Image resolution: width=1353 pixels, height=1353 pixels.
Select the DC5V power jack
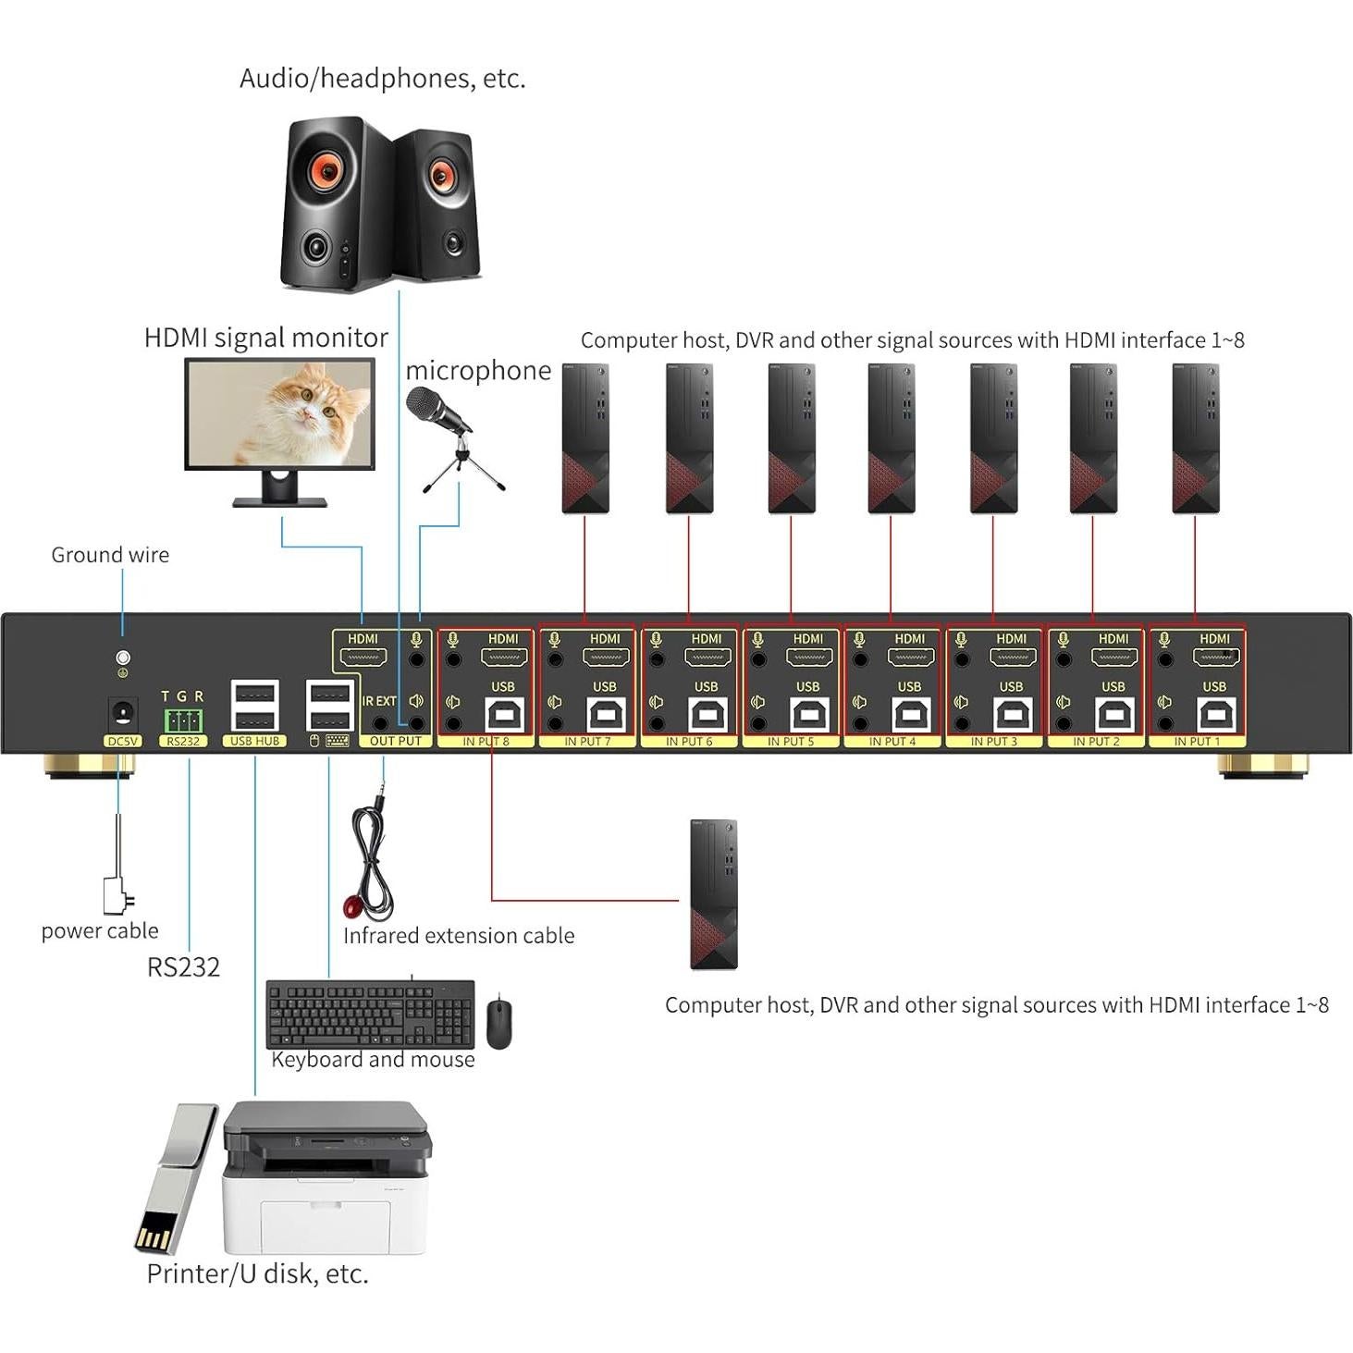click(122, 714)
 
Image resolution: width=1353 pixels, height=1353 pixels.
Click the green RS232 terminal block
click(183, 720)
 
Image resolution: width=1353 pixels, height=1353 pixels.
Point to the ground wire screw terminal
click(122, 658)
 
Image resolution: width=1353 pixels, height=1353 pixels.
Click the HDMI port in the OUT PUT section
click(363, 658)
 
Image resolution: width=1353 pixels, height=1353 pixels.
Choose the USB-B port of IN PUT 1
click(1214, 714)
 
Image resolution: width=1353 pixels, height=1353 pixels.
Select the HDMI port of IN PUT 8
click(503, 658)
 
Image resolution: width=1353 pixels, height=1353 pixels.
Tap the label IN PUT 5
click(791, 742)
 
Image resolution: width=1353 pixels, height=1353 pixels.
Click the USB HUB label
click(254, 742)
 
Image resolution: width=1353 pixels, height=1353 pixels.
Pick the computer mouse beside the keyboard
click(499, 1023)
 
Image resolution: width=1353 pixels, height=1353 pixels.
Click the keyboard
click(370, 1014)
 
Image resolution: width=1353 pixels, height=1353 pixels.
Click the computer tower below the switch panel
click(714, 893)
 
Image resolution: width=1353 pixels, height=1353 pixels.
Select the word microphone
click(478, 371)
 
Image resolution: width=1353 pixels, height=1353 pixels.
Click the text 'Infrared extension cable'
click(459, 936)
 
